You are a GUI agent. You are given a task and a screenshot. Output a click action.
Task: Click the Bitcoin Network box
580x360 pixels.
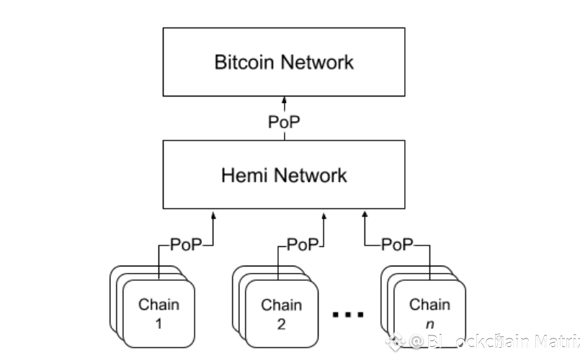(284, 61)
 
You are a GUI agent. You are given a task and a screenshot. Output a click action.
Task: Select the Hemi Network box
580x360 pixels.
(284, 175)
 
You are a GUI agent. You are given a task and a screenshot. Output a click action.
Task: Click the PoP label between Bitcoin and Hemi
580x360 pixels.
(284, 122)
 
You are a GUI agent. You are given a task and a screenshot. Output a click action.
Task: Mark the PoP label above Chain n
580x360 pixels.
(397, 245)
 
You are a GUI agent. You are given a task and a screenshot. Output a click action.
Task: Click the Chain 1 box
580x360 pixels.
(159, 312)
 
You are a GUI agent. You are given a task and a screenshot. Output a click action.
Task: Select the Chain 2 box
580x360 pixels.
(281, 313)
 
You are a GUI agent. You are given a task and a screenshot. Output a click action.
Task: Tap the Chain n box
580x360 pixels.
(429, 312)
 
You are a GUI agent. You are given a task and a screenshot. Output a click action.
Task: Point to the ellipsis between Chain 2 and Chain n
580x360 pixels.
(349, 315)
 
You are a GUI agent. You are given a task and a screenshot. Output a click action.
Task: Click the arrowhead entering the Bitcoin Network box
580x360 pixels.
(284, 99)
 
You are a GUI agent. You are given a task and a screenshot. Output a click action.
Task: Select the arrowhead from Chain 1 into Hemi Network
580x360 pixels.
(214, 213)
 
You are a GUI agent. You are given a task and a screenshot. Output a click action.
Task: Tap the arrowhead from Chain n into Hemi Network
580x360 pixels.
(365, 213)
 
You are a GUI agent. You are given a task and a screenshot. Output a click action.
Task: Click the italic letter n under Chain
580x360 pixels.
(429, 323)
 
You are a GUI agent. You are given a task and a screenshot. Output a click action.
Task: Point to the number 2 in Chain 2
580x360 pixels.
(281, 323)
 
